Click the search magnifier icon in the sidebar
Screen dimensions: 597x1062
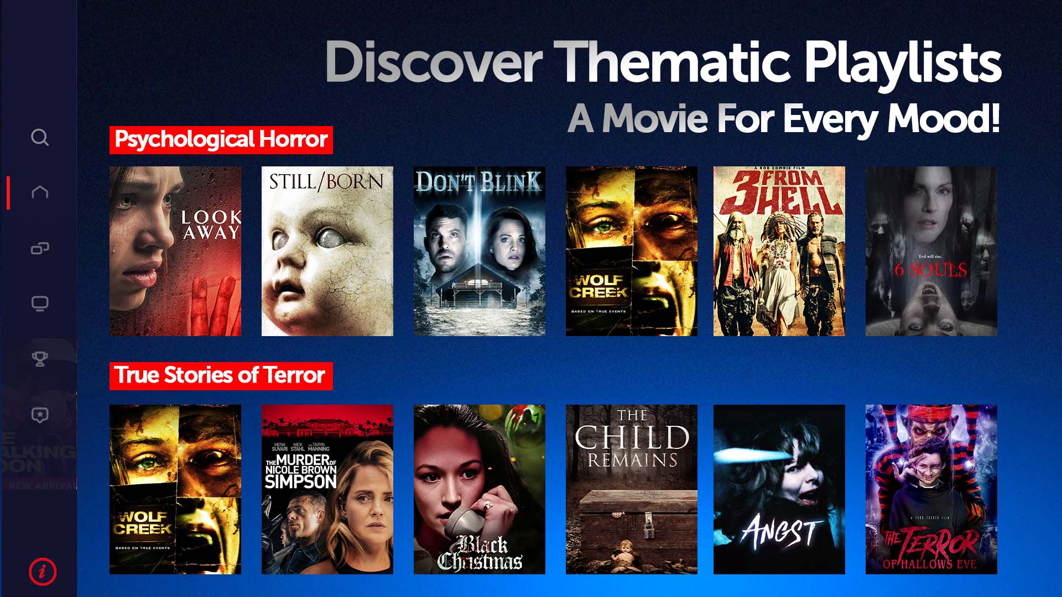pos(40,137)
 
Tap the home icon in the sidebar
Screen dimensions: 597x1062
pos(40,192)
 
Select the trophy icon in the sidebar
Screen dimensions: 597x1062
pos(40,359)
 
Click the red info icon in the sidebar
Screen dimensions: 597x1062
pos(43,571)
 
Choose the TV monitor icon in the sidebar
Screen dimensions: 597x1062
pos(40,303)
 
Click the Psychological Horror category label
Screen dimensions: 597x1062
pos(221,139)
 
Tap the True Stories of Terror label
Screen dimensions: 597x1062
pos(221,375)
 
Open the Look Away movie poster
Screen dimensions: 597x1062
pos(175,251)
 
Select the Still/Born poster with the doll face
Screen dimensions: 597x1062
pos(327,251)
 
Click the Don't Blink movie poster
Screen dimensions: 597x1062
pos(480,251)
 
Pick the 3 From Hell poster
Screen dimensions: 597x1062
pos(779,251)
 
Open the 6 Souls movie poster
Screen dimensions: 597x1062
pos(931,251)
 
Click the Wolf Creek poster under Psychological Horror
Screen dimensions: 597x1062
pos(632,251)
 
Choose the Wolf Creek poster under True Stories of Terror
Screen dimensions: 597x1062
pos(175,489)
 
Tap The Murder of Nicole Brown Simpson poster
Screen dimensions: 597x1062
pos(327,489)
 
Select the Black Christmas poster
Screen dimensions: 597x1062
pos(480,489)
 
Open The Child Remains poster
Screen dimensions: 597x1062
pos(632,489)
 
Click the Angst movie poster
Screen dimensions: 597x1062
pos(779,489)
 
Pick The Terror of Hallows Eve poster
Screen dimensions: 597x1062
pos(931,489)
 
